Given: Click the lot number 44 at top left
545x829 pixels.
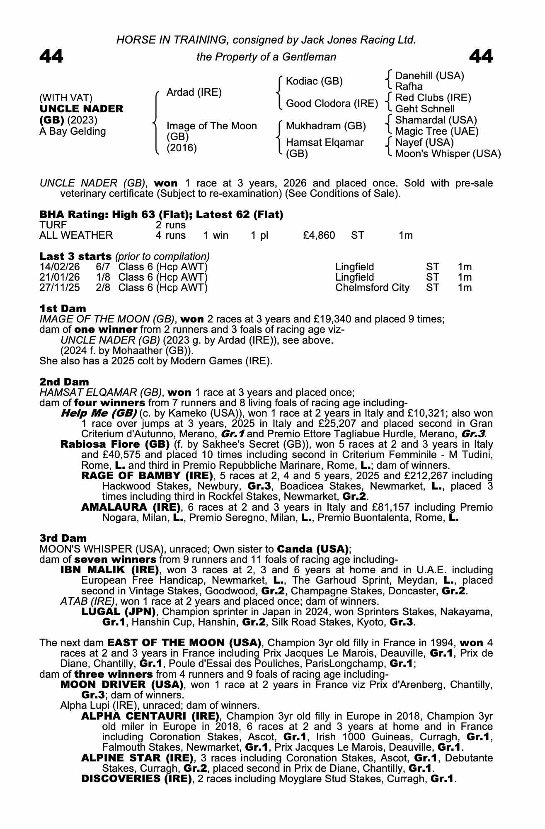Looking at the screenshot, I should [51, 56].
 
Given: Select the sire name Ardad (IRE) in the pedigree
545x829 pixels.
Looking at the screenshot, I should [194, 92].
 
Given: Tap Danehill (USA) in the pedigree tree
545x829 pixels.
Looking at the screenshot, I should [429, 76].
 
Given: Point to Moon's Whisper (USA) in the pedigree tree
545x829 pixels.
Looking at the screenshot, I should [448, 154].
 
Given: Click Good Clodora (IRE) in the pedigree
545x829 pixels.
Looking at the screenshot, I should [332, 104].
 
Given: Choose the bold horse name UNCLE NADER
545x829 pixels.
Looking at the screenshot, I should [81, 109].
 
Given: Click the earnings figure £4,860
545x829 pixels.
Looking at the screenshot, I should [319, 235].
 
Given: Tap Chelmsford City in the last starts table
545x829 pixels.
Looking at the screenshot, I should [372, 288].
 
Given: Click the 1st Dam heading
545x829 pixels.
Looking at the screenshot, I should [63, 308].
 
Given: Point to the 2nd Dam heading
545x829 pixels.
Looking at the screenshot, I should [64, 381].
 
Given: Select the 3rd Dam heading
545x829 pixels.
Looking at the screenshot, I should [63, 538].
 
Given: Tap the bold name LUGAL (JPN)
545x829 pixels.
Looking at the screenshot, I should [119, 611].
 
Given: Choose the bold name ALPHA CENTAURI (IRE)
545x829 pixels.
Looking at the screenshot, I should [150, 716].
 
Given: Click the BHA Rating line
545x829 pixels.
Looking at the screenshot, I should [161, 215].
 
